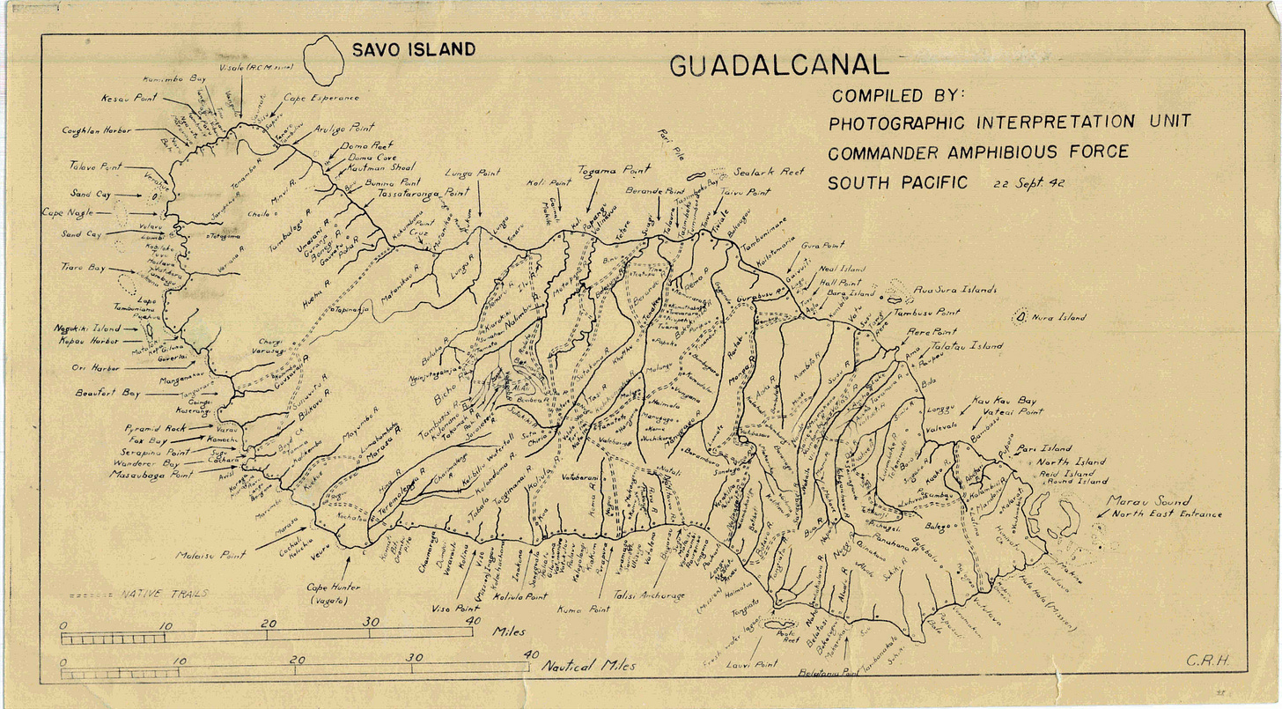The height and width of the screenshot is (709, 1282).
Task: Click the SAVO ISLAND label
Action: click(x=413, y=50)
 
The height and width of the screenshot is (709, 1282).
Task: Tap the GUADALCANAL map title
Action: click(x=778, y=66)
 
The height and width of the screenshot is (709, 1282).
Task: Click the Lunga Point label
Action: click(x=473, y=174)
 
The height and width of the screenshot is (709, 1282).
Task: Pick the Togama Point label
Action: click(x=614, y=170)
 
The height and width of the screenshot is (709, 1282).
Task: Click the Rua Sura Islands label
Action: click(x=954, y=289)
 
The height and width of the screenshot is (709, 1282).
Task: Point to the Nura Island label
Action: click(x=1059, y=317)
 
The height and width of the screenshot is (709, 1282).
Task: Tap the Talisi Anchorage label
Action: click(x=649, y=596)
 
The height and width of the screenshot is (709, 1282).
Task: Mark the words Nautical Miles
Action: click(x=588, y=666)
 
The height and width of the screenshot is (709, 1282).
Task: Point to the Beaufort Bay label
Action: click(x=108, y=393)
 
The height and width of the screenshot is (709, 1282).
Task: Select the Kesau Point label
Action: click(x=129, y=99)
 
